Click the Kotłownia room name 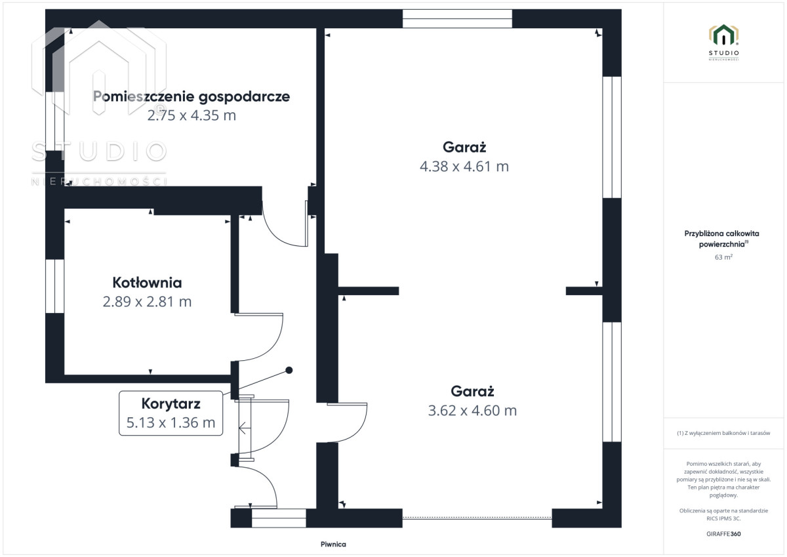point(147,283)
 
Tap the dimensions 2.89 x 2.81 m point(147,302)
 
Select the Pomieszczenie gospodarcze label point(192,96)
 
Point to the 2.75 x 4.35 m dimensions point(192,115)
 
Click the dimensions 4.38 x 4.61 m point(464,166)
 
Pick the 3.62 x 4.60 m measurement point(472,411)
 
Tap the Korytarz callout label point(171,403)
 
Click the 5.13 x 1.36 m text point(171,423)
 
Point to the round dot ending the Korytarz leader point(289,370)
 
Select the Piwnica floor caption point(333,545)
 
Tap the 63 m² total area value point(723,257)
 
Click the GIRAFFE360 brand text point(723,534)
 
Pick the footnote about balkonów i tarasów point(723,433)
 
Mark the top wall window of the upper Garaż point(457,18)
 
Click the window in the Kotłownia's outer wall point(55,286)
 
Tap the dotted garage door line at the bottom point(477,518)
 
